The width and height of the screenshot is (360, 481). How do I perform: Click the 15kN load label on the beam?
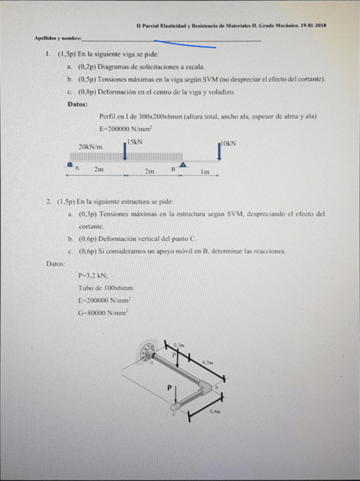point(135,141)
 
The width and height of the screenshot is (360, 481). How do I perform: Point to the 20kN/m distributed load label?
point(91,146)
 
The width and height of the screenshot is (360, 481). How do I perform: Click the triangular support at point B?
point(183,164)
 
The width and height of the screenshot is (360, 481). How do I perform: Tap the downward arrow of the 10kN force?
point(219,151)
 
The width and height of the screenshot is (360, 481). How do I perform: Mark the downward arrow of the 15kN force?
point(125,151)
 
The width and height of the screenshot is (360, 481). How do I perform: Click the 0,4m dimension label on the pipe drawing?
point(215,411)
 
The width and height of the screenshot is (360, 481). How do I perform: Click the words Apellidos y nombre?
point(57,38)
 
